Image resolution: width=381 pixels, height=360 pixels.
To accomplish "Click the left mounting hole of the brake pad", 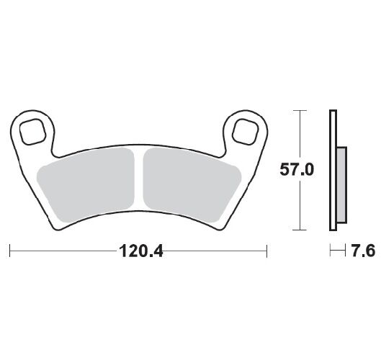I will pyautogui.click(x=33, y=131).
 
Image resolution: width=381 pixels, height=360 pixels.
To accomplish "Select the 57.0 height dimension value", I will pyautogui.click(x=296, y=170).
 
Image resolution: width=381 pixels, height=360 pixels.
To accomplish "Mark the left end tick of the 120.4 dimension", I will pyautogui.click(x=10, y=251).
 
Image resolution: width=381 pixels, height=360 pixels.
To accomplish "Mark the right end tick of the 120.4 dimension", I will pyautogui.click(x=268, y=251).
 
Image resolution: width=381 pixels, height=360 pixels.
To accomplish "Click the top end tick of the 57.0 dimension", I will pyautogui.click(x=298, y=110).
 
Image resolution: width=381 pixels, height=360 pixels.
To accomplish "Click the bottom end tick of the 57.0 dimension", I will pyautogui.click(x=298, y=230).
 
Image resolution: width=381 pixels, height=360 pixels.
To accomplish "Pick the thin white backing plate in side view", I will pyautogui.click(x=332, y=170).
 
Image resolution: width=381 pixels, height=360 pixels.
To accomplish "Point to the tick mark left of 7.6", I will pyautogui.click(x=330, y=251).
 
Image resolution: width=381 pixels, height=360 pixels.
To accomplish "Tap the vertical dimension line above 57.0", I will pyautogui.click(x=298, y=137).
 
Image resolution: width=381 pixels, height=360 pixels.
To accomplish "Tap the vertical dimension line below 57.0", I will pyautogui.click(x=298, y=205).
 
